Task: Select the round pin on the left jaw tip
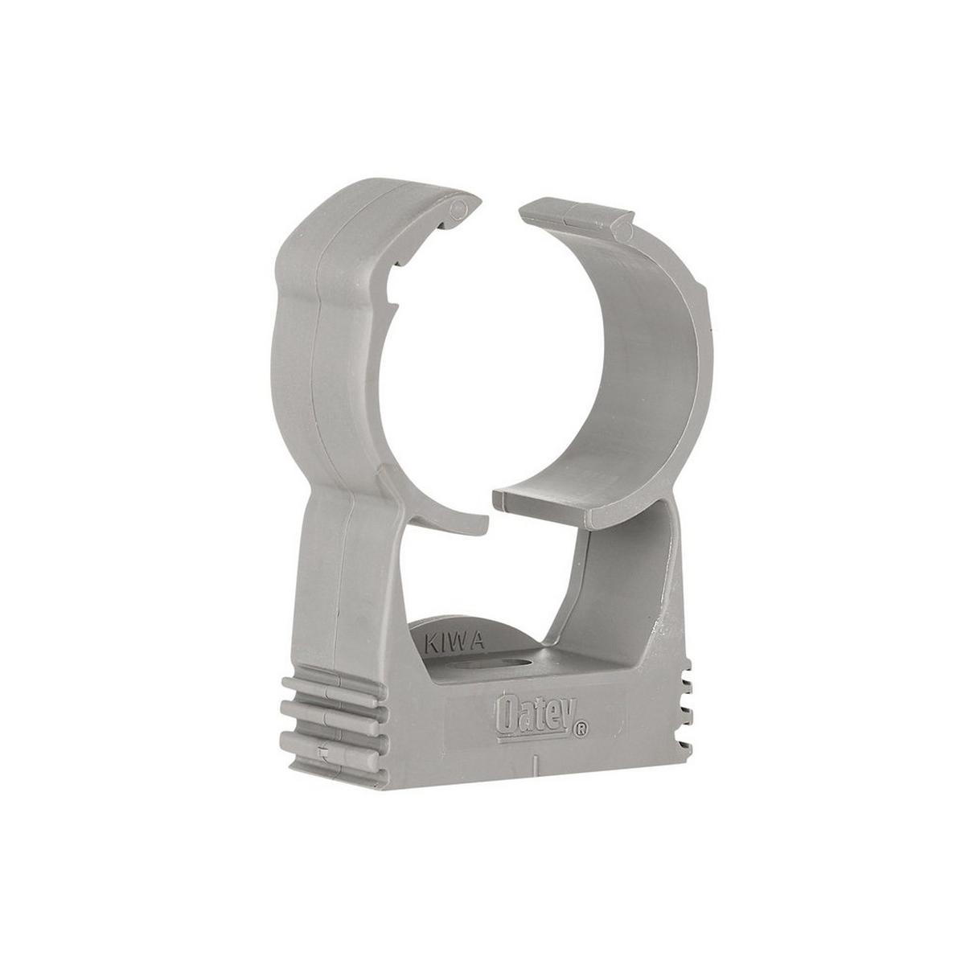tap(457, 208)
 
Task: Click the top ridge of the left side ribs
tap(338, 691)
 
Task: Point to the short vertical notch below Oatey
tap(534, 762)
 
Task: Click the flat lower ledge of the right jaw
tap(547, 499)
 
